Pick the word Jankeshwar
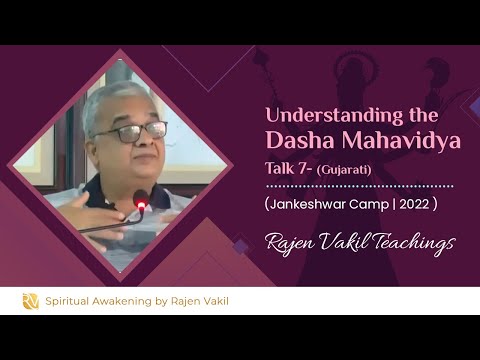pyautogui.click(x=319, y=203)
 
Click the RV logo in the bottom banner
pyautogui.click(x=31, y=300)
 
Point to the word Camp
pyautogui.click(x=379, y=203)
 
